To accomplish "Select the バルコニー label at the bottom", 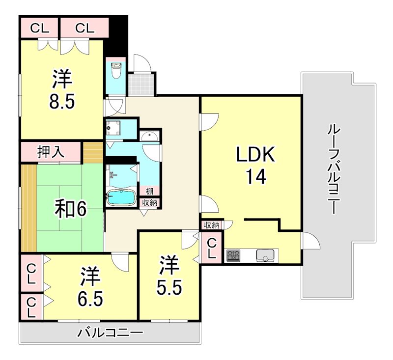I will (111, 333).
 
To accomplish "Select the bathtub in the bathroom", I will (121, 197).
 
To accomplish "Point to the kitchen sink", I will (266, 255).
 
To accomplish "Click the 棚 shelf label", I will (148, 191).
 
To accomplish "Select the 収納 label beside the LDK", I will (211, 225).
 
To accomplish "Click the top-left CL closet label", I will (39, 28).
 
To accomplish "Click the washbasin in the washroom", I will (148, 136).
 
